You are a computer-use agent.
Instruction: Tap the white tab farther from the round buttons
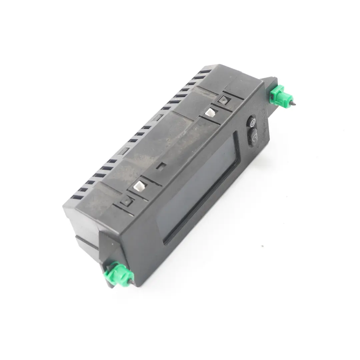(x=139, y=185)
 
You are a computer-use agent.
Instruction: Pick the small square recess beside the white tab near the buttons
(x=222, y=99)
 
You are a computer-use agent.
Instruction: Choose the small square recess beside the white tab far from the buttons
(x=127, y=200)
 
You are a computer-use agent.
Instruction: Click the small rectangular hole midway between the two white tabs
(x=161, y=166)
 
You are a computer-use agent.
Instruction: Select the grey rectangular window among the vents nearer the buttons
(x=159, y=117)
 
